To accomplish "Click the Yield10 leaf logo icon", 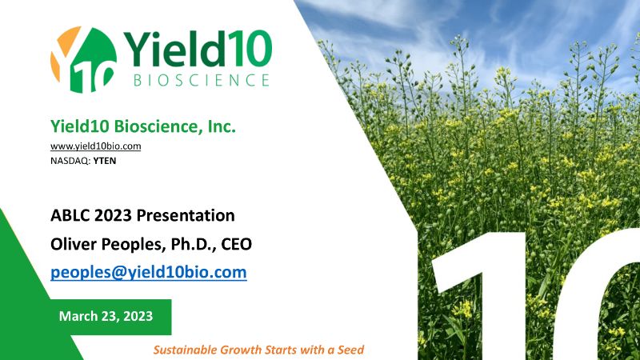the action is tap(84, 59).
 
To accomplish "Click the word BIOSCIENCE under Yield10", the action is tap(202, 80).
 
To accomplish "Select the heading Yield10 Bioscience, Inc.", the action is tap(143, 126).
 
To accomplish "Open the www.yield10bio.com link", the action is tap(95, 146).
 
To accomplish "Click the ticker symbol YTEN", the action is tap(105, 161).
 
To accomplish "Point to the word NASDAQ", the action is tap(70, 161).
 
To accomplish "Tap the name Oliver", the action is tap(74, 244).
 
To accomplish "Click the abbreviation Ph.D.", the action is tap(193, 244).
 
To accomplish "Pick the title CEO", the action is tap(236, 244).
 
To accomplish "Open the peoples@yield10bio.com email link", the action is tap(149, 272).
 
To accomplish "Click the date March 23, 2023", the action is tap(106, 316).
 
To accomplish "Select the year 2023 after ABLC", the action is tap(113, 215).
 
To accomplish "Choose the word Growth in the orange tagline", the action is tap(241, 350).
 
